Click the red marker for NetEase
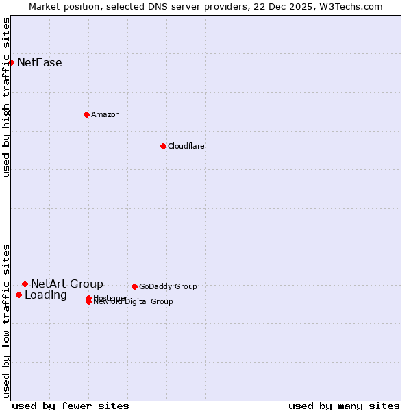11,63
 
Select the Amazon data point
86,114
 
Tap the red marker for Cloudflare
163,146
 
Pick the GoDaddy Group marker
134,286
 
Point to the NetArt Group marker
25,284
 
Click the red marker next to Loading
18,295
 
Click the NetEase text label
40,63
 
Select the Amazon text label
105,114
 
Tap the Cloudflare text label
186,146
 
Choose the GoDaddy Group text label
168,286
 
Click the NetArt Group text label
67,284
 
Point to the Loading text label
46,295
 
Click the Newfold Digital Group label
134,302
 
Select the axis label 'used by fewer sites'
71,406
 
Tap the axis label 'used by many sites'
344,406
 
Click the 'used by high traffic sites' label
6,97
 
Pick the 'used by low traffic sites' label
6,321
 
